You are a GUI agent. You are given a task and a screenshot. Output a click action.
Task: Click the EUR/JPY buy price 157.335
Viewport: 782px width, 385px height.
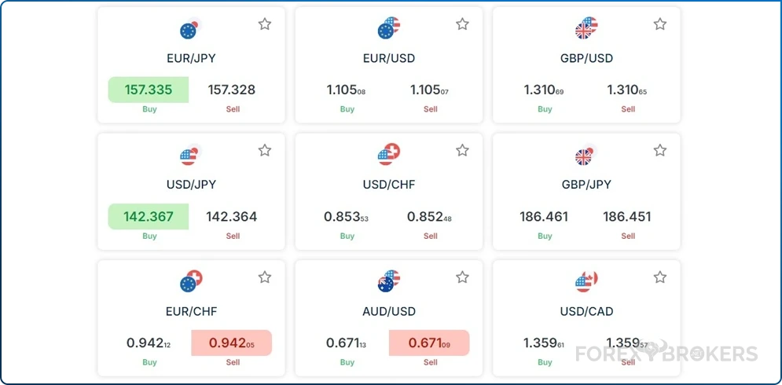[x=149, y=90]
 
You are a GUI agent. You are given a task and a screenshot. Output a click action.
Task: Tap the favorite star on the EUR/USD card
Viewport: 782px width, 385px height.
[x=462, y=24]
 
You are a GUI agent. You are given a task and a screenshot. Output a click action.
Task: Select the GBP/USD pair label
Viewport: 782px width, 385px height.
[x=586, y=58]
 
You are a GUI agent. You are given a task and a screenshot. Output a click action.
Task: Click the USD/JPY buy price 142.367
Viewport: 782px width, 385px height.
[x=149, y=216]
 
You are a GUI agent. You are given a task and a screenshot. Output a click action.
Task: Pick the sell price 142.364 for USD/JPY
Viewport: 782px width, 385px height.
[x=232, y=216]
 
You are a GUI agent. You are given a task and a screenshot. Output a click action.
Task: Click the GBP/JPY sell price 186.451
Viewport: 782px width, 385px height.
[x=627, y=216]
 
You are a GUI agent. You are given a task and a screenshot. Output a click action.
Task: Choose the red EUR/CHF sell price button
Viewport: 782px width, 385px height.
[x=232, y=343]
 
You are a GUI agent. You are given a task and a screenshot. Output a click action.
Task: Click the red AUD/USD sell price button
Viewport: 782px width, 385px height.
[x=429, y=343]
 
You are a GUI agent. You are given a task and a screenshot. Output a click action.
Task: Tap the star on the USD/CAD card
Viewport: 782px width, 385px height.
[x=660, y=277]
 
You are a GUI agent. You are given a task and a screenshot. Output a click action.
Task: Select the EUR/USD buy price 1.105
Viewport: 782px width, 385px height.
[x=346, y=90]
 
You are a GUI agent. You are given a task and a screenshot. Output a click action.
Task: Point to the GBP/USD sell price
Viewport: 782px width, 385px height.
[x=627, y=90]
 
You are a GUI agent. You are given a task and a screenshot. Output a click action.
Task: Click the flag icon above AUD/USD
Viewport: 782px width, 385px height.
[x=388, y=281]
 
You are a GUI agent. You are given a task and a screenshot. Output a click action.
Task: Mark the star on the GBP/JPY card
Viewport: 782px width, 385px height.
[x=660, y=150]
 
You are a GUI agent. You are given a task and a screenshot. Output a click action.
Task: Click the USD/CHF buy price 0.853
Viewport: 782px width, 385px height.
[x=346, y=216]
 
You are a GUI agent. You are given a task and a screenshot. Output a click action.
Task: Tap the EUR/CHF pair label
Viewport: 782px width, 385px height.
[x=191, y=311]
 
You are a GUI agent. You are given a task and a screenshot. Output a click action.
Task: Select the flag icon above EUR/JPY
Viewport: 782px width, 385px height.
[x=191, y=29]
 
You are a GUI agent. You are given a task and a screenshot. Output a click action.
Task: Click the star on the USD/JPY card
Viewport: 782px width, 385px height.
[x=265, y=150]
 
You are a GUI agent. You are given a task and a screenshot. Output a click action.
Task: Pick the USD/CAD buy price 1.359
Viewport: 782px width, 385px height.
[x=544, y=343]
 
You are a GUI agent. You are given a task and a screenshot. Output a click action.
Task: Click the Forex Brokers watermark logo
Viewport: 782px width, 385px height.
[x=666, y=354]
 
